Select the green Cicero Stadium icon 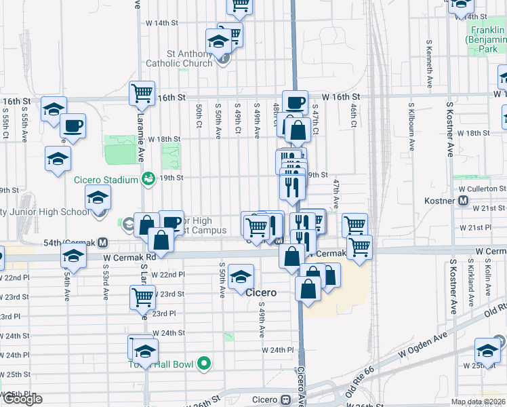click(x=148, y=178)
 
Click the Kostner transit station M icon click(x=464, y=201)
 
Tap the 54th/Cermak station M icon click(x=103, y=242)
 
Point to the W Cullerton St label click(x=482, y=189)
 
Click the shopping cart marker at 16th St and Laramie click(x=142, y=93)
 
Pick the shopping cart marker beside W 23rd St click(x=142, y=296)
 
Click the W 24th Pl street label click(x=278, y=350)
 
